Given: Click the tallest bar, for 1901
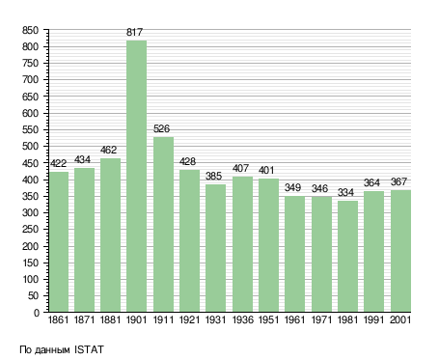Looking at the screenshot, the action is pyautogui.click(x=136, y=176).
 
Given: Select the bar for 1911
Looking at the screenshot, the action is pyautogui.click(x=163, y=224).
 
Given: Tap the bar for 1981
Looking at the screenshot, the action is pyautogui.click(x=347, y=257).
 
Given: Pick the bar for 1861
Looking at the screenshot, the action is pyautogui.click(x=59, y=241).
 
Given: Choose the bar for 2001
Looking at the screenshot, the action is pyautogui.click(x=400, y=251).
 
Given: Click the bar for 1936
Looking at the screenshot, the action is pyautogui.click(x=242, y=244).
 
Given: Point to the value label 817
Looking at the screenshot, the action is pyautogui.click(x=134, y=32).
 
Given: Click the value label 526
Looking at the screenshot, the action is pyautogui.click(x=161, y=128).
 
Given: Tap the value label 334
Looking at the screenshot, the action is pyautogui.click(x=345, y=192).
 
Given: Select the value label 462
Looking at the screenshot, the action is pyautogui.click(x=108, y=150).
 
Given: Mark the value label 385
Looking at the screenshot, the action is pyautogui.click(x=213, y=176).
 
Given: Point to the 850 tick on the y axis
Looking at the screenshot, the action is pyautogui.click(x=30, y=30).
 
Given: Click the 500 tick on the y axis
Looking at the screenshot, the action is pyautogui.click(x=30, y=147).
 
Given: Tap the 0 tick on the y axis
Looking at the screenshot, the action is pyautogui.click(x=37, y=313).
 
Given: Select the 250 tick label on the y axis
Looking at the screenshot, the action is pyautogui.click(x=30, y=230).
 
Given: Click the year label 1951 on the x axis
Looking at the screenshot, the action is pyautogui.click(x=268, y=319).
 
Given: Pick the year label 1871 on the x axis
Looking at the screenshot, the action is pyautogui.click(x=84, y=319).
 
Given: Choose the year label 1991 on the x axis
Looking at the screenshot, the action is pyautogui.click(x=373, y=319).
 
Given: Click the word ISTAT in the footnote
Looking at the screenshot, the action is pyautogui.click(x=89, y=349).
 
